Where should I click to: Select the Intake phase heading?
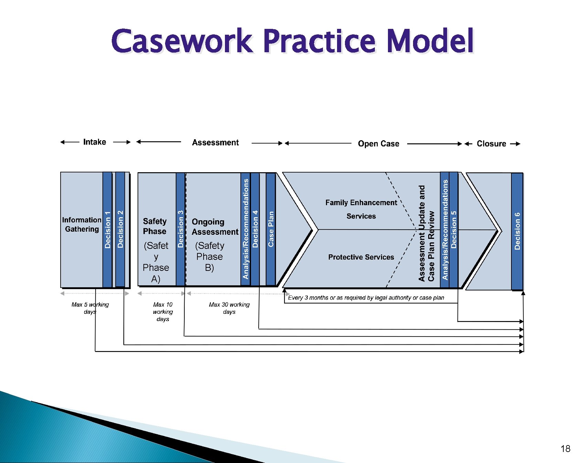(x=95, y=142)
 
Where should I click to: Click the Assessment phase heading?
(x=215, y=143)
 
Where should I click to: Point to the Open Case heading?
(x=378, y=144)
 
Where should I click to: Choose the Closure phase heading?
(x=491, y=144)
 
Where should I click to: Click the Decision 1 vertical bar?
(x=108, y=230)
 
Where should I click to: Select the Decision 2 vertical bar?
(x=120, y=230)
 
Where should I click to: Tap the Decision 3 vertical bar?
(x=181, y=230)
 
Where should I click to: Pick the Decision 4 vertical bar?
(x=255, y=230)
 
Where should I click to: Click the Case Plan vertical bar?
(x=271, y=230)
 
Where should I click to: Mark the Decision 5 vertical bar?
(x=454, y=230)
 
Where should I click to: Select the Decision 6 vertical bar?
(x=517, y=231)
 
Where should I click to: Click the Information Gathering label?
(x=82, y=224)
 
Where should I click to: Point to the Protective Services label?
(x=361, y=257)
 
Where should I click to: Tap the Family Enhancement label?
(x=361, y=203)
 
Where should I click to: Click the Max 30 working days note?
(x=229, y=308)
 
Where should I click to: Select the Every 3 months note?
(x=366, y=298)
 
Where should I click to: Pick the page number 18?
(x=565, y=449)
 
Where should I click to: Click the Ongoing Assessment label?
(x=215, y=227)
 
